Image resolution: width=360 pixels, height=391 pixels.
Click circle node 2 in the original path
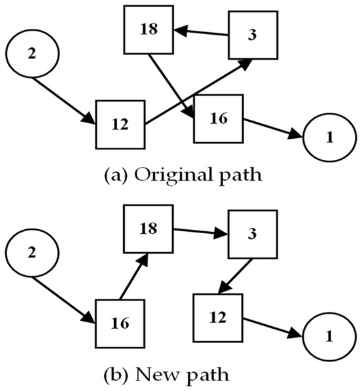(32, 53)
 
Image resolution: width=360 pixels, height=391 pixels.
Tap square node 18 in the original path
(149, 30)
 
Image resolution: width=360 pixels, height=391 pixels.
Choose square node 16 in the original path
(218, 119)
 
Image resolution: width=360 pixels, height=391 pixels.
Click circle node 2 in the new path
(32, 252)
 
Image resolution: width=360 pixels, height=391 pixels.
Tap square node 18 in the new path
(149, 229)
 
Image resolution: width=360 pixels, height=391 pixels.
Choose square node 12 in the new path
(218, 318)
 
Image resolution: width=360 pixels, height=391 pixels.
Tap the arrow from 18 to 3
(200, 233)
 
